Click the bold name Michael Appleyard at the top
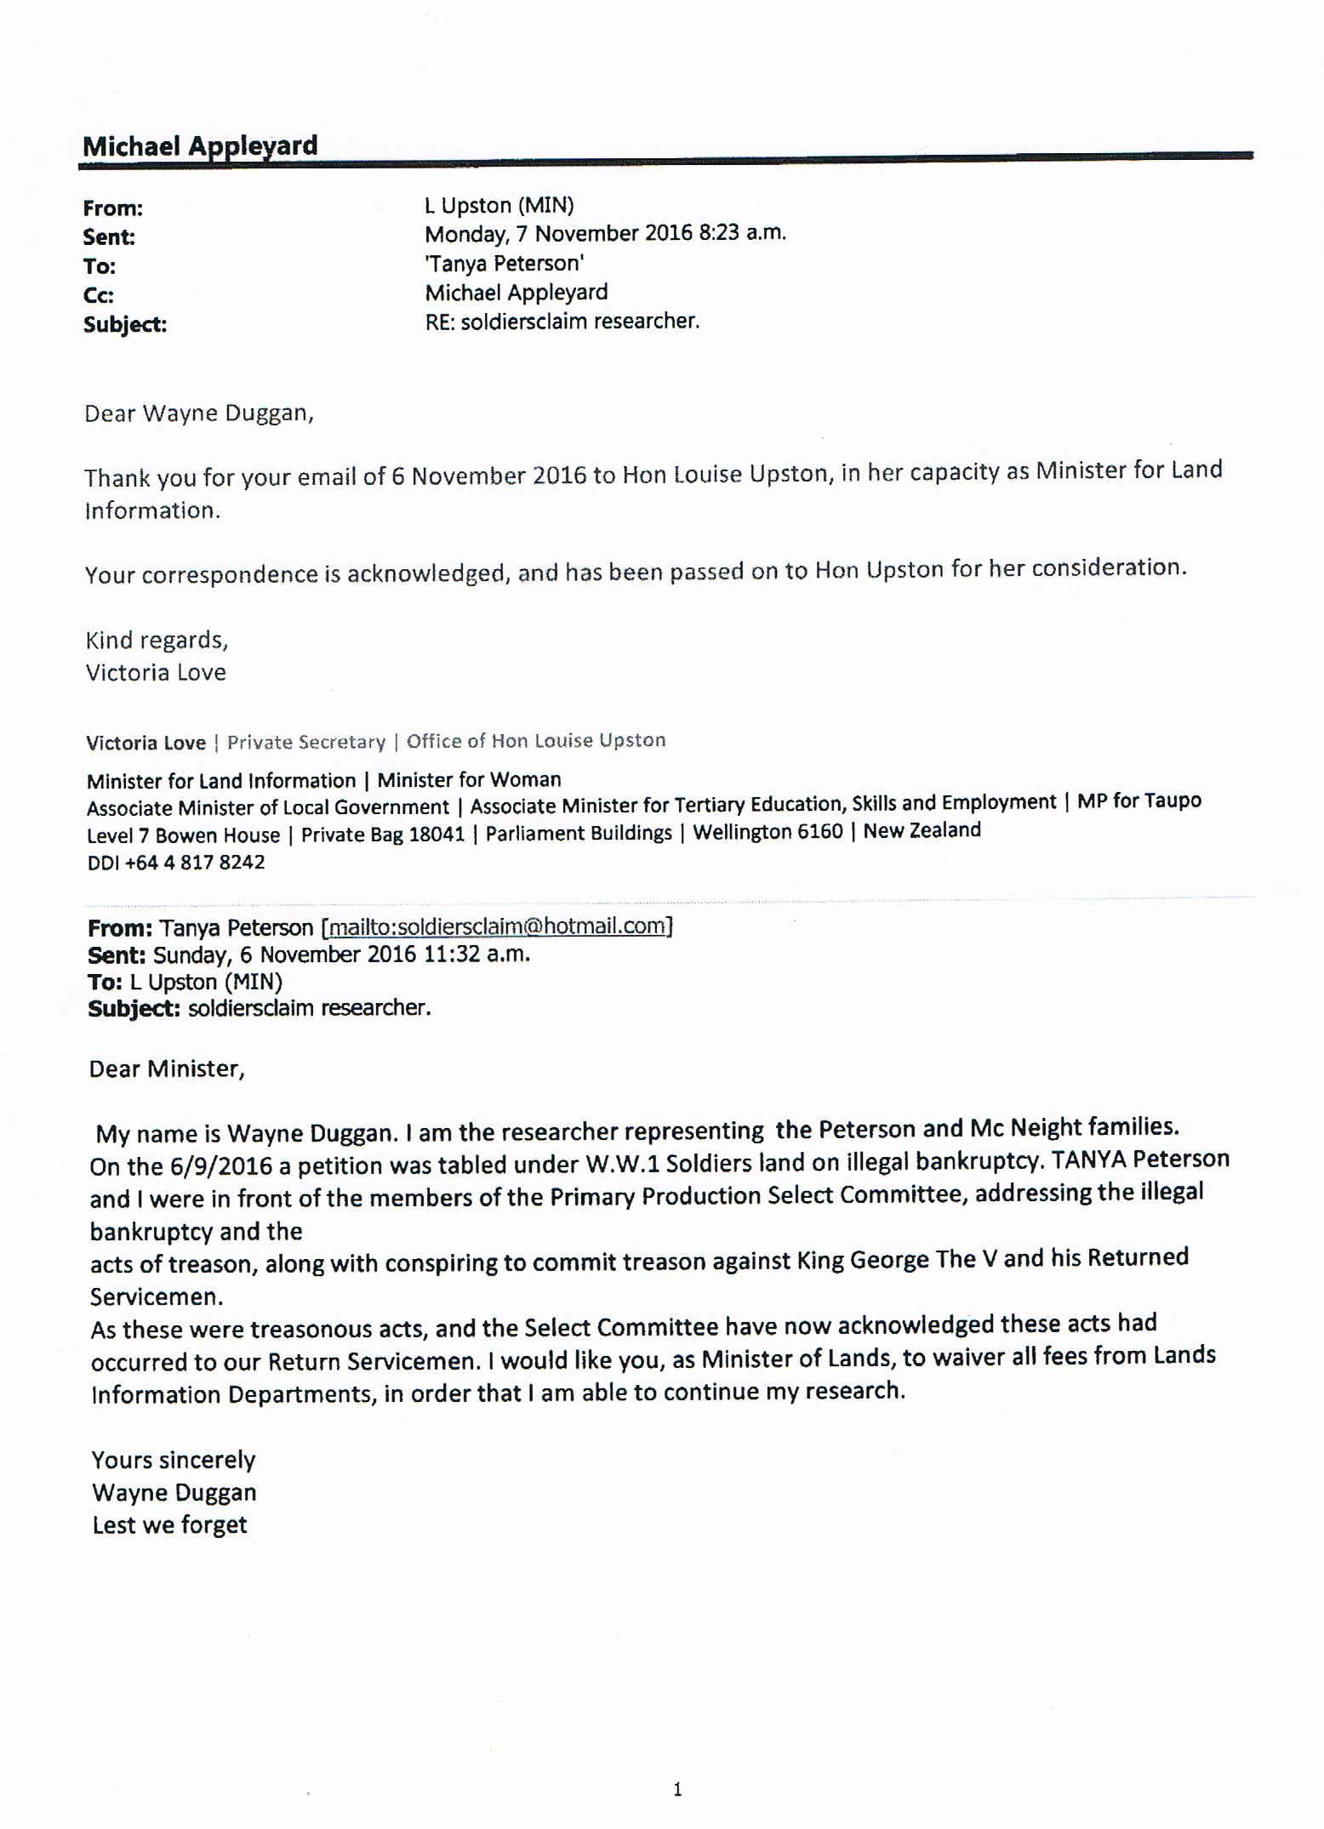200,145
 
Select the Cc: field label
99,295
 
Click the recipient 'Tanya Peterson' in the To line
504,263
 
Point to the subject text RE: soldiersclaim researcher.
562,322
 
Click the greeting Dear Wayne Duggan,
199,413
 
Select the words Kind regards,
157,640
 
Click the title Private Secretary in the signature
305,742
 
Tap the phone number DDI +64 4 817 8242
175,863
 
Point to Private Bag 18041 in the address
383,835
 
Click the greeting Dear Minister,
167,1069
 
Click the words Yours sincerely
174,1460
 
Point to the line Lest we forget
169,1525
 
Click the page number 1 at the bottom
677,1790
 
